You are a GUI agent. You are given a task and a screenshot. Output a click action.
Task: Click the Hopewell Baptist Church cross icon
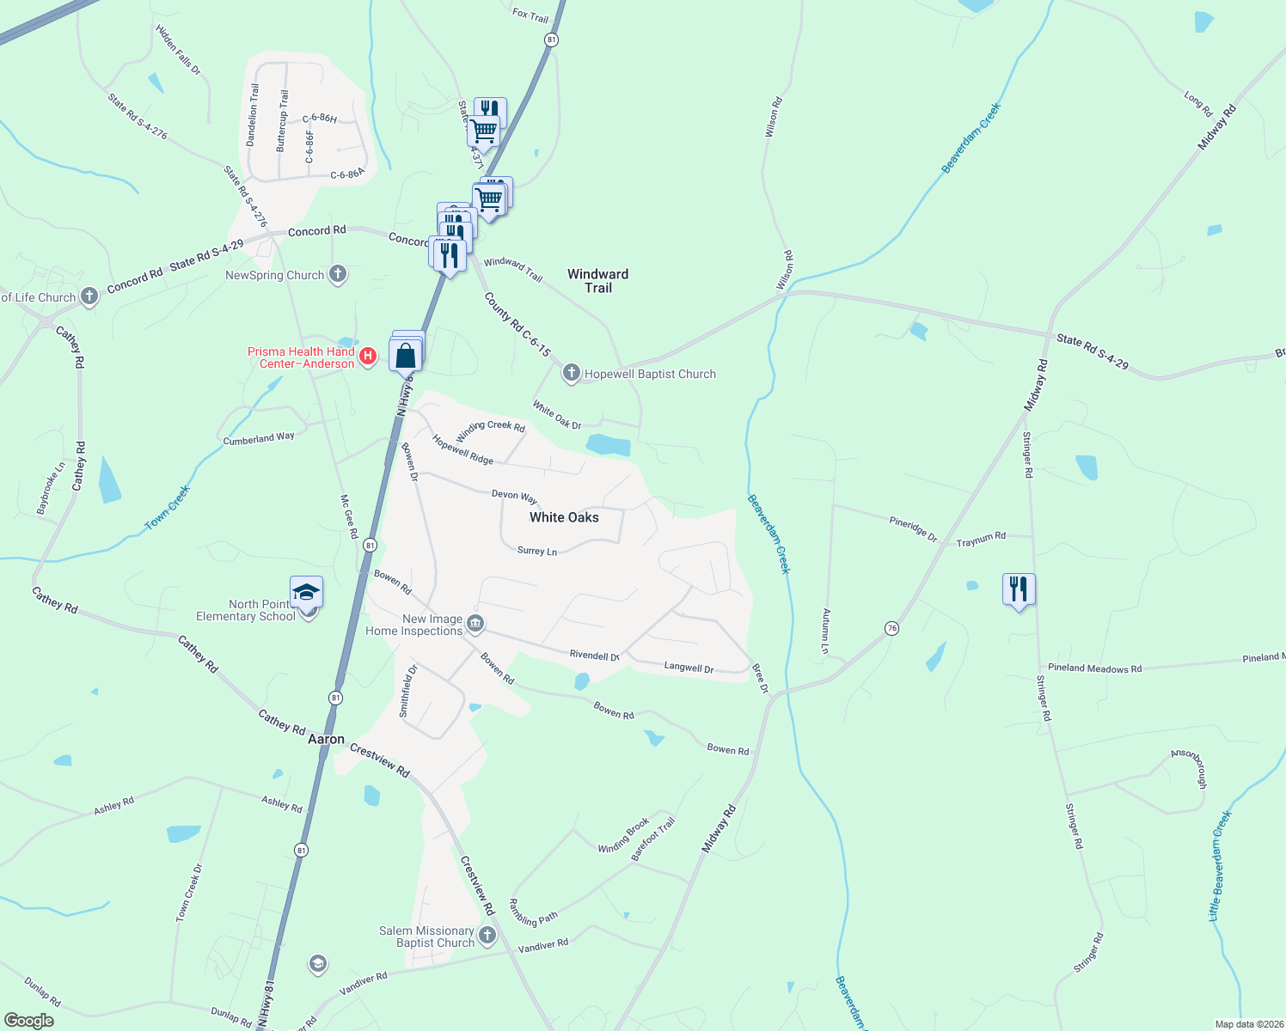(571, 373)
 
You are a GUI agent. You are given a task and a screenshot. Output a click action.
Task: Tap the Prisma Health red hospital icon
(368, 356)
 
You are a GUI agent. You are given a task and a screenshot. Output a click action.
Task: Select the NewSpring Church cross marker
(338, 275)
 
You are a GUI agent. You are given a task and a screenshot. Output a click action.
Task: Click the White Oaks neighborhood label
(564, 517)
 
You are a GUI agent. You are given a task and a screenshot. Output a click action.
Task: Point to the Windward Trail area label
(597, 281)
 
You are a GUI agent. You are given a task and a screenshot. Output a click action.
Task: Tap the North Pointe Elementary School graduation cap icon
(306, 593)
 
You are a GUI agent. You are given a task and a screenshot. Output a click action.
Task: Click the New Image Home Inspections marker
(475, 623)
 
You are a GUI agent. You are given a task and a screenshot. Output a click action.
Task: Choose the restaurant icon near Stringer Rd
(1019, 589)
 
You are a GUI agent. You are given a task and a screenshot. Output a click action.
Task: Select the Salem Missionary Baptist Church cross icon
(487, 935)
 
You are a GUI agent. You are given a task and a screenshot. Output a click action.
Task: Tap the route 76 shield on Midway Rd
(891, 629)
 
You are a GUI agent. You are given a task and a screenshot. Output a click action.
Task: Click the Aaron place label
(327, 739)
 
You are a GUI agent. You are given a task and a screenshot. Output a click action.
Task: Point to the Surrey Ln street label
(537, 551)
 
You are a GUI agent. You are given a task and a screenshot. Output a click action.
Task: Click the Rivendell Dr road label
(594, 655)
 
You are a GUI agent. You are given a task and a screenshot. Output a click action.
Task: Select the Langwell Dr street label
(689, 668)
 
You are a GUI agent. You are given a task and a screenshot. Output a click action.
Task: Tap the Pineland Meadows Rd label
(1094, 668)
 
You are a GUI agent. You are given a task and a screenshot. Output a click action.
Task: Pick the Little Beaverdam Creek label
(1220, 866)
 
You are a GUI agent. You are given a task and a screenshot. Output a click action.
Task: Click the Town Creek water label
(167, 508)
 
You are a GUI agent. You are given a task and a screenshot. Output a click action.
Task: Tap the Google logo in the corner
(28, 1021)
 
